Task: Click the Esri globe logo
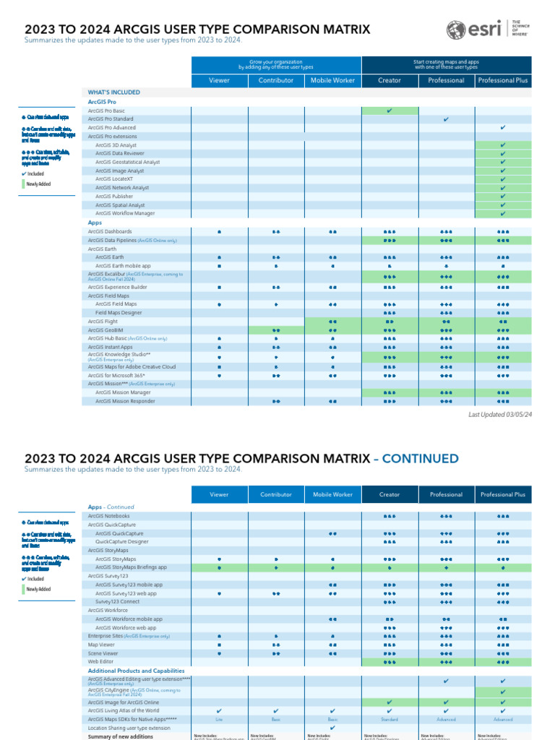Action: [x=457, y=30]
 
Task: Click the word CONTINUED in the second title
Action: [x=420, y=458]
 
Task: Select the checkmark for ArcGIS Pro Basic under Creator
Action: [x=390, y=111]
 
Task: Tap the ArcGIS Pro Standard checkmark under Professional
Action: [x=446, y=119]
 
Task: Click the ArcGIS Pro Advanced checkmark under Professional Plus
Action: [x=502, y=128]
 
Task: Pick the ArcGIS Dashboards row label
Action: [x=110, y=231]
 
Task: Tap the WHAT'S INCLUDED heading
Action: [x=114, y=92]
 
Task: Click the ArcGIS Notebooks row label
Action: [x=109, y=516]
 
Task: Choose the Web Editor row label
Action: [x=100, y=661]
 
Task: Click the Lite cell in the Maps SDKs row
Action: [x=219, y=720]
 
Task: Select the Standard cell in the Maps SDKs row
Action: [x=390, y=720]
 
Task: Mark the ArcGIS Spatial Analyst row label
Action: [x=120, y=205]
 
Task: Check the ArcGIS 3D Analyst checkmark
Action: [x=502, y=145]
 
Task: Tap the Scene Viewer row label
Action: [x=103, y=653]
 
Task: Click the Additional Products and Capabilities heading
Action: [x=136, y=671]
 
